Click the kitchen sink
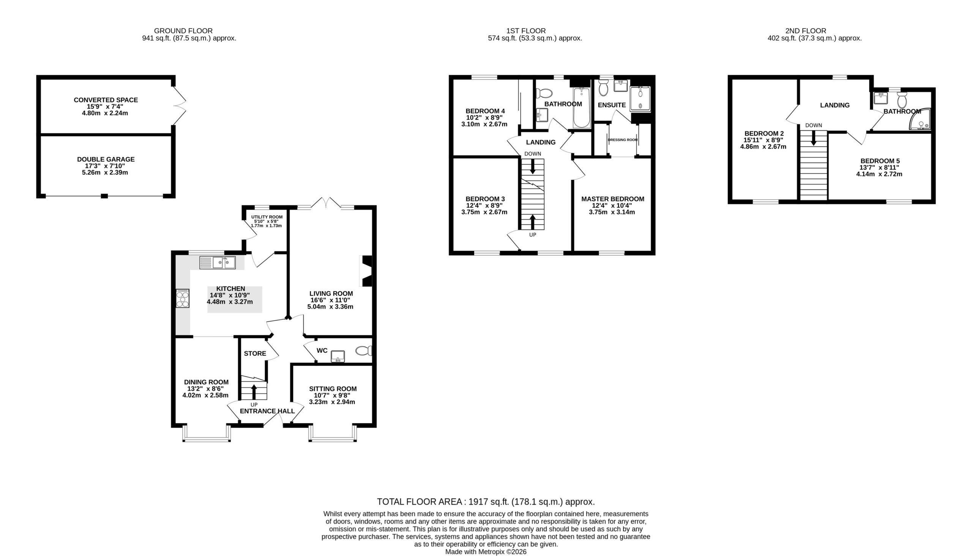pyautogui.click(x=217, y=263)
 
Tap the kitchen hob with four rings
pyautogui.click(x=183, y=299)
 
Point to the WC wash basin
pyautogui.click(x=338, y=356)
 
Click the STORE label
pyautogui.click(x=255, y=354)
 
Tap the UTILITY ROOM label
pyautogui.click(x=267, y=217)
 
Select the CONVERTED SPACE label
pyautogui.click(x=106, y=100)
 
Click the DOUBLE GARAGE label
pyautogui.click(x=106, y=159)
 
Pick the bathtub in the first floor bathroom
pyautogui.click(x=581, y=107)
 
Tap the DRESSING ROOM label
pyautogui.click(x=623, y=140)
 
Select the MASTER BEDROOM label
pyautogui.click(x=613, y=199)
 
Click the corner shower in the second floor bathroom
pyautogui.click(x=921, y=120)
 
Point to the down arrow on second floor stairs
pyautogui.click(x=814, y=138)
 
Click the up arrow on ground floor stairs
pyautogui.click(x=254, y=392)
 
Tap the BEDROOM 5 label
pyautogui.click(x=879, y=161)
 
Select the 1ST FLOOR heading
pyautogui.click(x=526, y=31)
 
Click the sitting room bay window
pyautogui.click(x=333, y=434)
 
